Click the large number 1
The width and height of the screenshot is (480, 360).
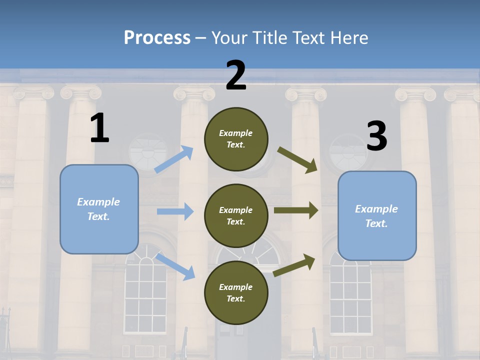click(99, 128)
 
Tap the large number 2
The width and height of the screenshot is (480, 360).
click(236, 75)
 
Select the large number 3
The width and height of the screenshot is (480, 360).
click(376, 136)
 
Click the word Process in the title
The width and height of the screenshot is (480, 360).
click(157, 38)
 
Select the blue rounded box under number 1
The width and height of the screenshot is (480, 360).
click(99, 209)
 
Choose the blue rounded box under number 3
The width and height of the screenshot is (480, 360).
click(377, 215)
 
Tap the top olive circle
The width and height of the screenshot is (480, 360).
click(236, 139)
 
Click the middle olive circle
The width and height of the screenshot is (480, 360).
click(236, 215)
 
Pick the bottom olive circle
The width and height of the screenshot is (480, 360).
click(236, 292)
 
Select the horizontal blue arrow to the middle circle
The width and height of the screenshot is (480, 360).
click(175, 211)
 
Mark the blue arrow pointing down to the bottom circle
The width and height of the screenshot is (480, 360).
click(175, 267)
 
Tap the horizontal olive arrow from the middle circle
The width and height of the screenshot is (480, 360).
click(296, 210)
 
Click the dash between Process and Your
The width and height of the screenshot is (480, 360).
click(201, 38)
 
